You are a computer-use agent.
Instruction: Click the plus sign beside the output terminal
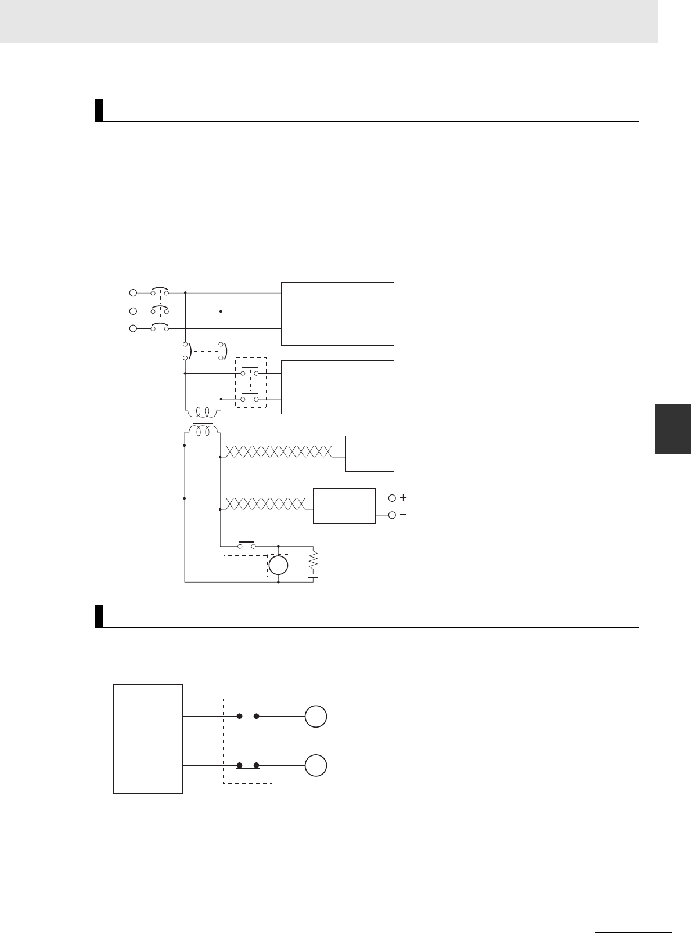click(404, 498)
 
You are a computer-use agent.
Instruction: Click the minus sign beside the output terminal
click(404, 515)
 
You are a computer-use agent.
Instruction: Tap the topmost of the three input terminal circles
click(133, 293)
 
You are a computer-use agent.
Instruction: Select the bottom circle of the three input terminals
click(133, 329)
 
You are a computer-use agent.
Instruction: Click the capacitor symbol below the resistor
click(314, 577)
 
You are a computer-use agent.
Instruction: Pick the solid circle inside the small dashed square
click(278, 565)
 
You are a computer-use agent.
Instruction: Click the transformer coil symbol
click(202, 422)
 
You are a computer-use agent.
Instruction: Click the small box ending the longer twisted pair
click(369, 453)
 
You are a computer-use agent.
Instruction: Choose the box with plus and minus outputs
click(344, 506)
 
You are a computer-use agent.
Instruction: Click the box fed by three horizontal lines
click(337, 313)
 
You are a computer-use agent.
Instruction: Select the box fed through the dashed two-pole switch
click(337, 387)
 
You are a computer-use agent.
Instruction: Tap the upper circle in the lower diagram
click(316, 717)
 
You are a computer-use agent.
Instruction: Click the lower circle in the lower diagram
click(316, 766)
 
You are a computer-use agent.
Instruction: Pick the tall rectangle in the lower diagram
click(148, 738)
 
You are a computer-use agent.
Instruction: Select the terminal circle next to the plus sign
click(391, 498)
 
